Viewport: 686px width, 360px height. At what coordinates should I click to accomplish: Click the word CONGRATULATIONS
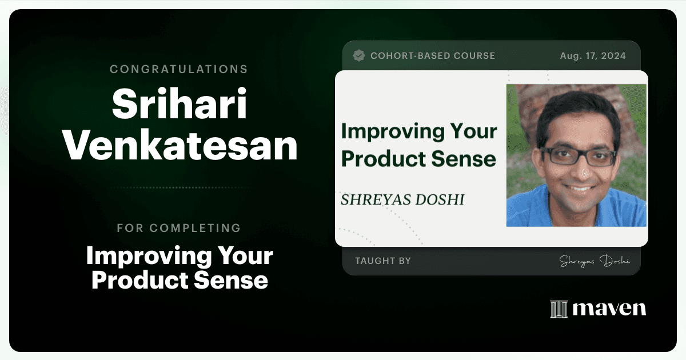click(x=179, y=69)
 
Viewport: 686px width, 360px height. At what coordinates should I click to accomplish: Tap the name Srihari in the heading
click(x=180, y=103)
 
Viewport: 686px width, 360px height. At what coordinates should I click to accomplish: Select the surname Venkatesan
click(x=180, y=145)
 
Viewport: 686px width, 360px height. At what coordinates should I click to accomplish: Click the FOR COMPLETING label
click(x=179, y=228)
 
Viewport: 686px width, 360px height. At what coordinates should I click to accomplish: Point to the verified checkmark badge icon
click(x=359, y=55)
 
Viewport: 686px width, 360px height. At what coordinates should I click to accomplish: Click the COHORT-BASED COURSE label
click(x=433, y=56)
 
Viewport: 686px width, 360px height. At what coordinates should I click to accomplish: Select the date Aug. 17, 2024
click(x=593, y=56)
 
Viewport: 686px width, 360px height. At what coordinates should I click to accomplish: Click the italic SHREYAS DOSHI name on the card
click(x=402, y=199)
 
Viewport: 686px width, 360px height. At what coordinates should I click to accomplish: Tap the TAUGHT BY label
click(x=383, y=261)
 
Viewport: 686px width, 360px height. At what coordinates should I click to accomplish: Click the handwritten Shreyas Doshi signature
click(x=595, y=261)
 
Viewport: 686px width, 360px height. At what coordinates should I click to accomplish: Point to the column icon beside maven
click(x=559, y=309)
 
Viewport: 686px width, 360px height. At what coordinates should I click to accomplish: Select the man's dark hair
click(x=577, y=113)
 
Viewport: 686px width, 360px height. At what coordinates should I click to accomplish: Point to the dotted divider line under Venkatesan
click(x=183, y=187)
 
